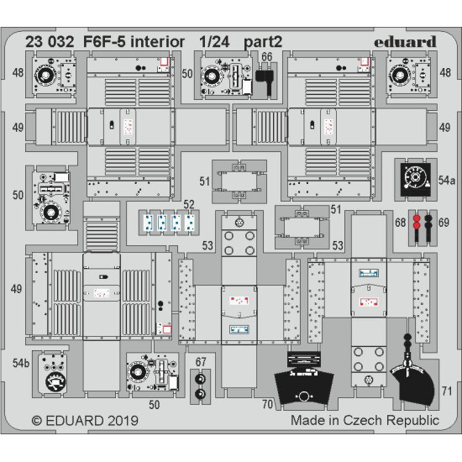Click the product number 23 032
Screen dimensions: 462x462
(x=54, y=39)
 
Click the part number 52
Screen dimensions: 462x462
(x=189, y=204)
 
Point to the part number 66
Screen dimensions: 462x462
(x=267, y=57)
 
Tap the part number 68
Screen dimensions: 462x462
(x=400, y=222)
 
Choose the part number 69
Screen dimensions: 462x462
(x=444, y=222)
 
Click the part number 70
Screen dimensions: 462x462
(x=265, y=402)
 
